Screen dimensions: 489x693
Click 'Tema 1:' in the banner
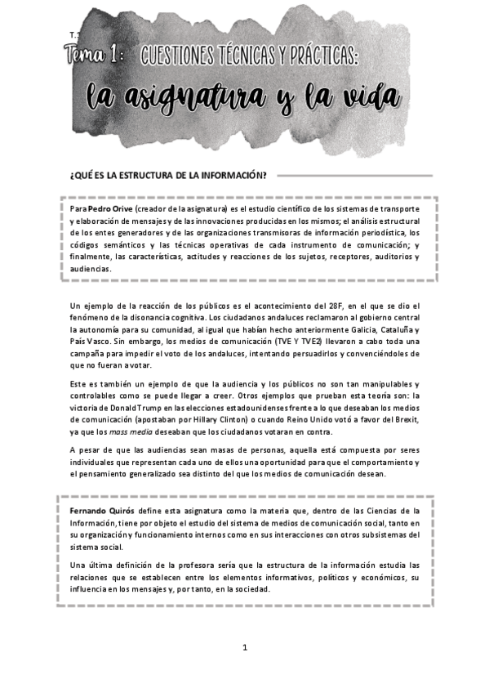tap(94, 56)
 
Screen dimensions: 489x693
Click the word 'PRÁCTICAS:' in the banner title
tap(321, 56)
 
